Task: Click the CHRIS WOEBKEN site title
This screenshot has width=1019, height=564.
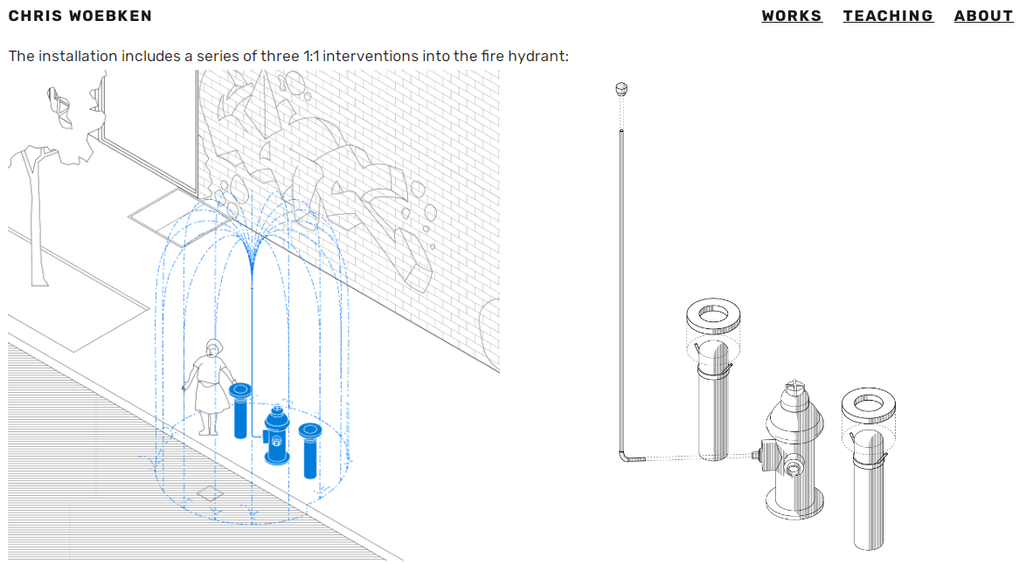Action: (80, 16)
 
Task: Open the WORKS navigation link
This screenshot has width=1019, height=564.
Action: (792, 16)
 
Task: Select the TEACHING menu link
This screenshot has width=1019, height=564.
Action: (888, 16)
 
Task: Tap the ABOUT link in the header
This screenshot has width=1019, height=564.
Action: (983, 16)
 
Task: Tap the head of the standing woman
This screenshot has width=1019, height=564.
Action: (213, 348)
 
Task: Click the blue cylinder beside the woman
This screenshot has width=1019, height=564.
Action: (240, 411)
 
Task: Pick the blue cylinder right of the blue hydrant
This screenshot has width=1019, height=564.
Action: (310, 451)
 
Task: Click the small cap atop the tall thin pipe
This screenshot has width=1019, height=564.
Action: (621, 89)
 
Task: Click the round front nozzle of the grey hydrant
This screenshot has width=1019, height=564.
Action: (794, 466)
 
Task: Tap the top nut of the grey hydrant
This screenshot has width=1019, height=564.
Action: (795, 388)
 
